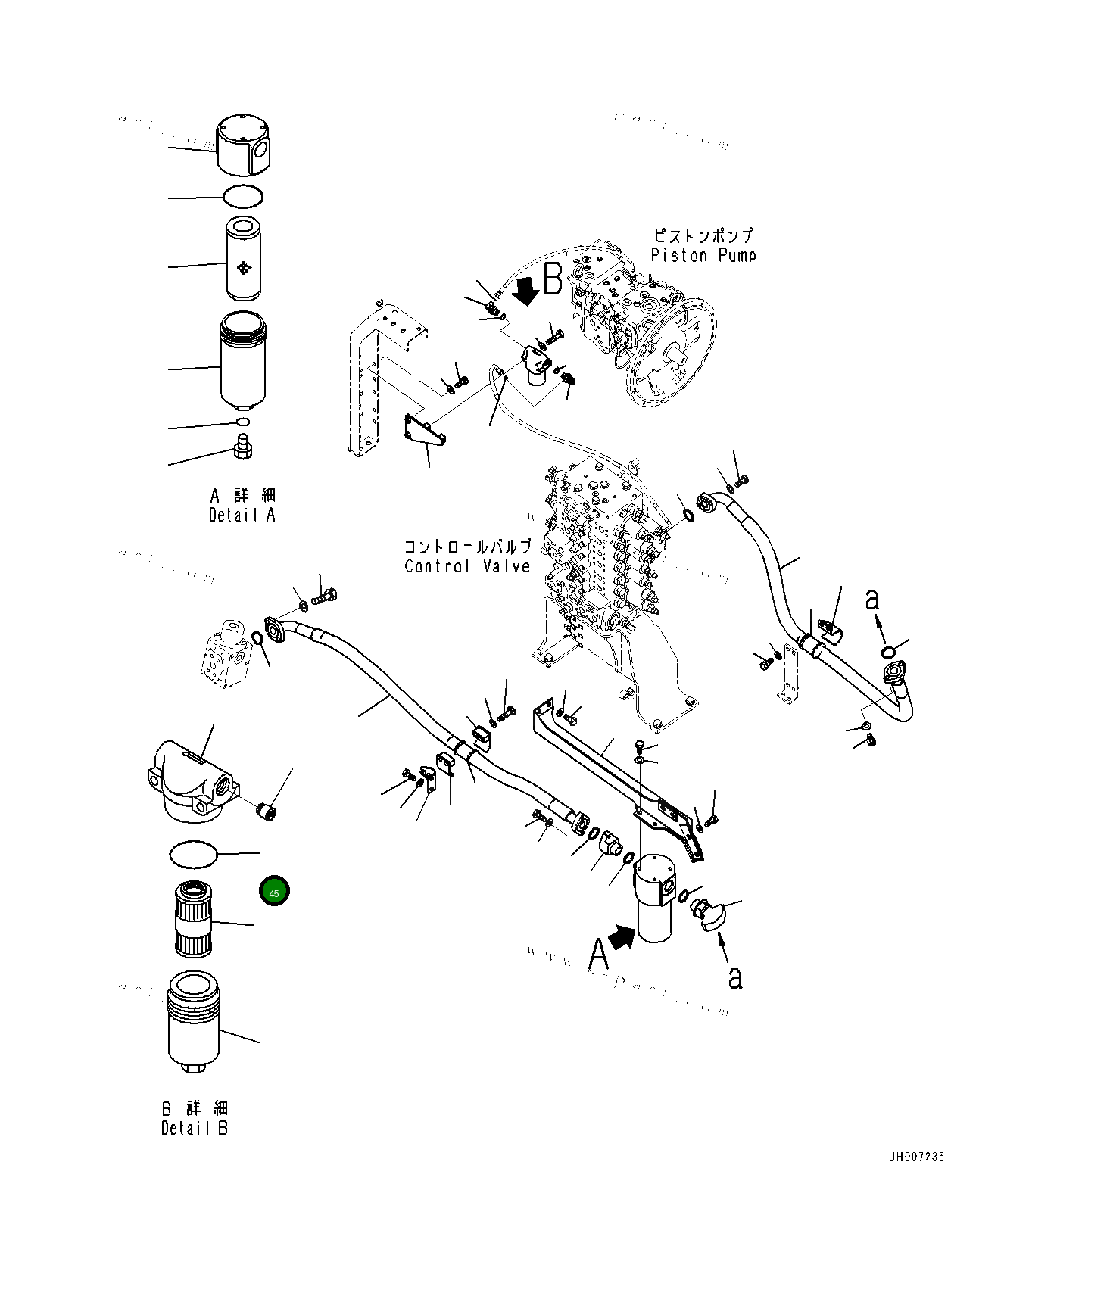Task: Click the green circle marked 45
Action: pyautogui.click(x=274, y=892)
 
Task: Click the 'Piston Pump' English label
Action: pyautogui.click(x=703, y=256)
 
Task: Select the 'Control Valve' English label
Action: pyautogui.click(x=467, y=566)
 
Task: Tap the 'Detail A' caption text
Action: pyautogui.click(x=242, y=516)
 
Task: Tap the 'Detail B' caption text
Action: pyautogui.click(x=195, y=1128)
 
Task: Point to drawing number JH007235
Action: pyautogui.click(x=917, y=1157)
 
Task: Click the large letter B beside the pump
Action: pyautogui.click(x=553, y=279)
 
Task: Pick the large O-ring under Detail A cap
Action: pyautogui.click(x=243, y=197)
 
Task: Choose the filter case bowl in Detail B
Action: pyautogui.click(x=193, y=1022)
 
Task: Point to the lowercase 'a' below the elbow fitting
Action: pyautogui.click(x=734, y=977)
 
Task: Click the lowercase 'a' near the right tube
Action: pyautogui.click(x=872, y=600)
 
